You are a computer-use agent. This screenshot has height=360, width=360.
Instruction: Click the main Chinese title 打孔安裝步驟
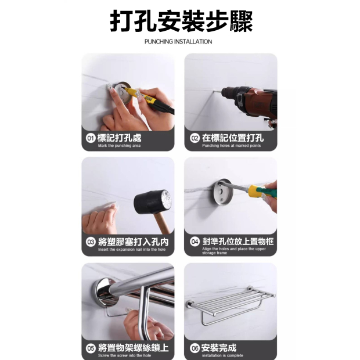click(181, 21)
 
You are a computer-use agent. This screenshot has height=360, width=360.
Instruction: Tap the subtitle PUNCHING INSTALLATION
click(178, 42)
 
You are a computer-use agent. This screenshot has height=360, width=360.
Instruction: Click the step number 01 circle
click(91, 138)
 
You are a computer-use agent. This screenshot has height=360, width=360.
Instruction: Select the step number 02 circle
click(195, 138)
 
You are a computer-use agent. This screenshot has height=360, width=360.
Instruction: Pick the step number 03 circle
click(91, 242)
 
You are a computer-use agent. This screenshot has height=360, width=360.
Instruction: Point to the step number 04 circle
click(195, 242)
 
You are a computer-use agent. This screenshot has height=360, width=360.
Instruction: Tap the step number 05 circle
click(91, 348)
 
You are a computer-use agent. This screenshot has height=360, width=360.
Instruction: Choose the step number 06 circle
click(195, 348)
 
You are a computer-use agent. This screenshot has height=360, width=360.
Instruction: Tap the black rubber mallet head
click(153, 202)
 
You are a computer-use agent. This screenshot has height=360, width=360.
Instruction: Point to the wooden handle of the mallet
click(162, 223)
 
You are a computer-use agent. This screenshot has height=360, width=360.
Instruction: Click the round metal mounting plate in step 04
click(222, 192)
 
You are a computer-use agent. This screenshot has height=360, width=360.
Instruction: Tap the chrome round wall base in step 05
click(106, 292)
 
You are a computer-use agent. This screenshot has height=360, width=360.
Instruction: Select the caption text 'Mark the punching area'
click(119, 146)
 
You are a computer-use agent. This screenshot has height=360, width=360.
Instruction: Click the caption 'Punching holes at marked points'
click(232, 146)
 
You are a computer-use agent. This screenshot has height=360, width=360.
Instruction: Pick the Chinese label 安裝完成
click(219, 348)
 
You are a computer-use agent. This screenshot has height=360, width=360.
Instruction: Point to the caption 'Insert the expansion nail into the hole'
click(132, 250)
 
